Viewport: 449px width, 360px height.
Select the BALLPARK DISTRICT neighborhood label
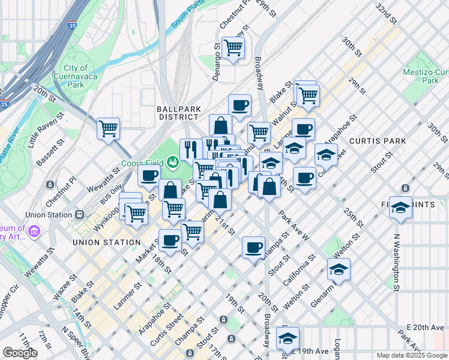[174, 113]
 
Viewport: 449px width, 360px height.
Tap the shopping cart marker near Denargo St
[233, 47]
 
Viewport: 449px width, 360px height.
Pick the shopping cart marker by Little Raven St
[108, 128]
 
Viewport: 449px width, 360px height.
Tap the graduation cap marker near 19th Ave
[288, 338]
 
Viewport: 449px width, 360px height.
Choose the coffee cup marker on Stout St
[254, 247]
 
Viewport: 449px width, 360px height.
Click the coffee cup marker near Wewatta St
[149, 175]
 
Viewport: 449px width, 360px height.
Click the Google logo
[20, 352]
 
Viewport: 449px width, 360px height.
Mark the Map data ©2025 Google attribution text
[411, 355]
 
